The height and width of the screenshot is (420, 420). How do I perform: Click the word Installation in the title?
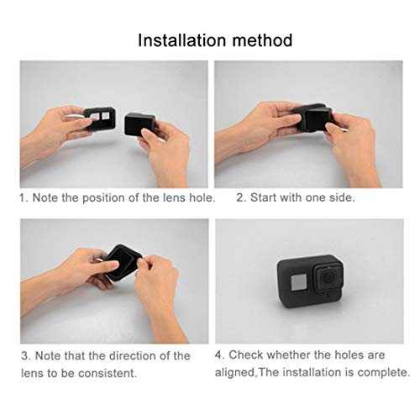[181, 39]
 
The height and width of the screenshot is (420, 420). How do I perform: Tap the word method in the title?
[260, 39]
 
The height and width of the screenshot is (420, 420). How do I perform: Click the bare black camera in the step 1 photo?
[139, 125]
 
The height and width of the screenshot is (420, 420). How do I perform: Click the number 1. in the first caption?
[25, 199]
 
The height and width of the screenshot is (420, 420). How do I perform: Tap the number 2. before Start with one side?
[240, 199]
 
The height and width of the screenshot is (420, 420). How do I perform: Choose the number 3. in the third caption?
[25, 355]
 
